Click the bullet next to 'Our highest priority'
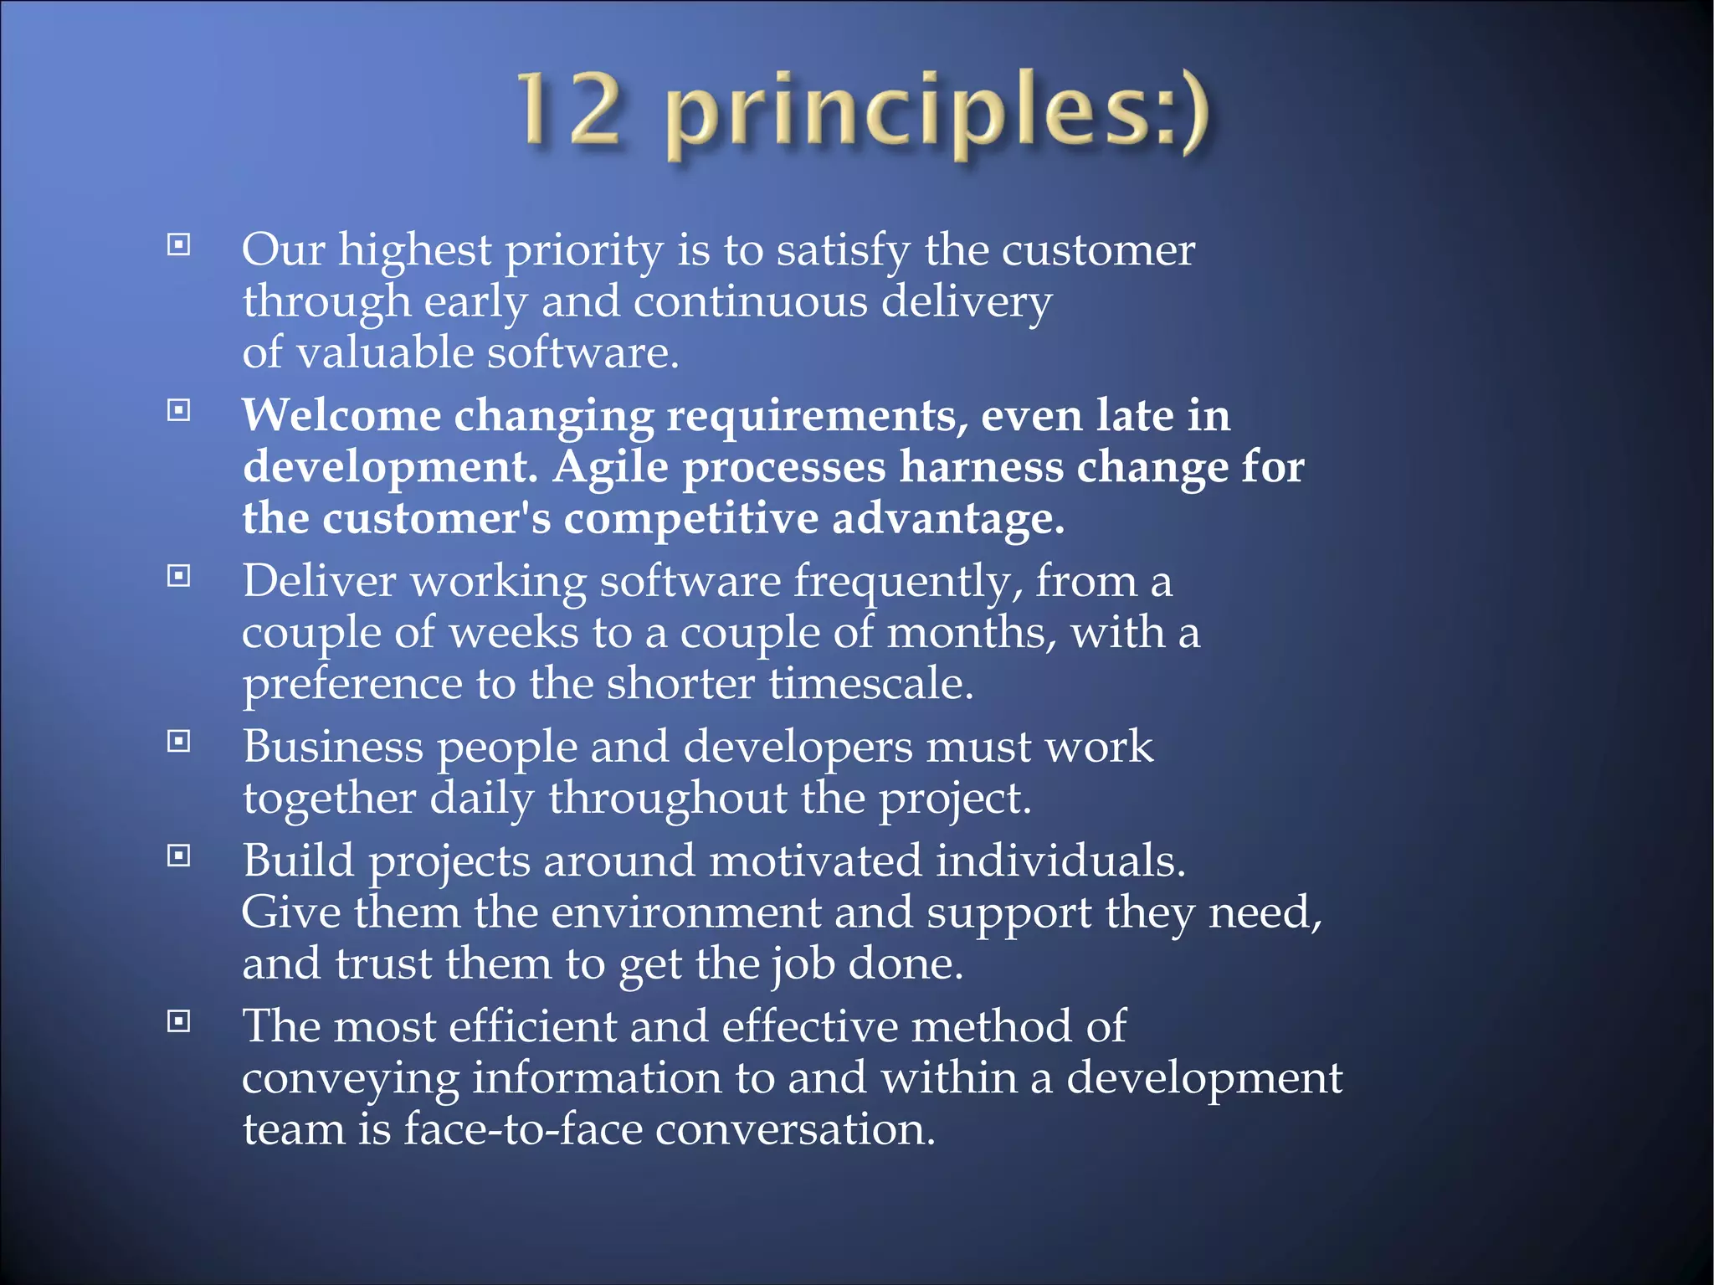(179, 245)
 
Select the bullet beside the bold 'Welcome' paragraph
(179, 410)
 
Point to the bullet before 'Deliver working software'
(179, 576)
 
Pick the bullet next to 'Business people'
(179, 741)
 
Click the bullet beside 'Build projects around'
(179, 856)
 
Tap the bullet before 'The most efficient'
(179, 1020)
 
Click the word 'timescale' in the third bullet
(870, 684)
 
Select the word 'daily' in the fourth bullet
(481, 799)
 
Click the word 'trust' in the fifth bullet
(383, 964)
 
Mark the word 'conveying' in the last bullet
(351, 1080)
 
